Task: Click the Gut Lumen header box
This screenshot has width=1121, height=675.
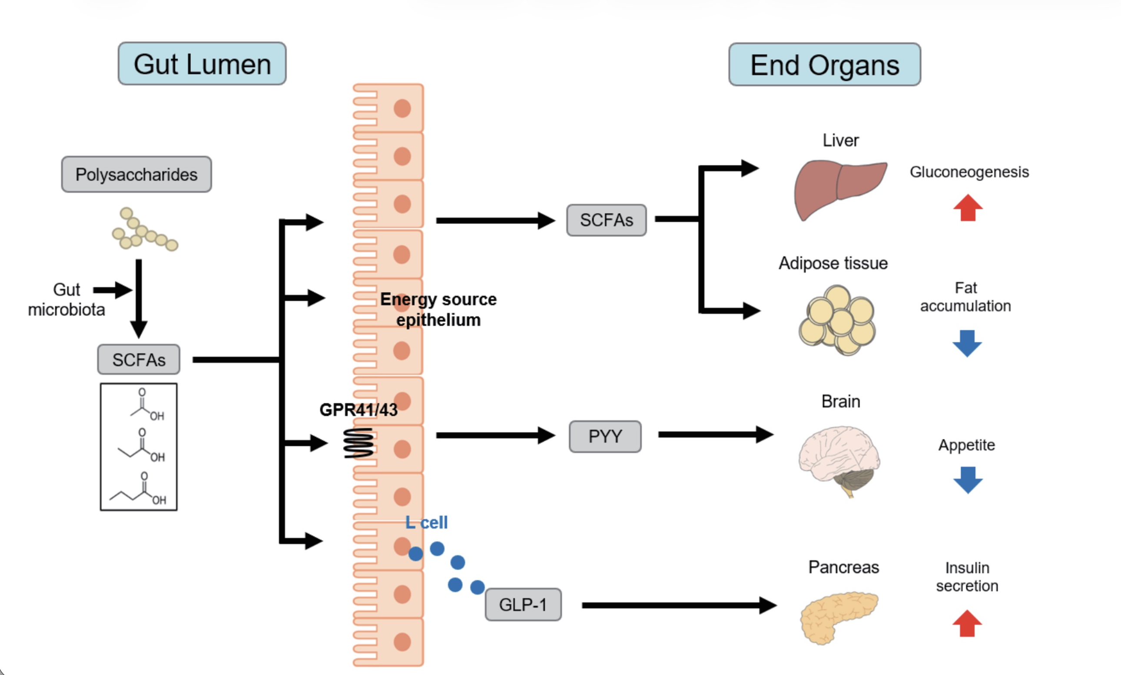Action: pyautogui.click(x=202, y=64)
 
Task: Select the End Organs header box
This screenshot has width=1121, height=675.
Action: pyautogui.click(x=824, y=65)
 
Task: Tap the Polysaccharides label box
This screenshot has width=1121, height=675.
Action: pyautogui.click(x=136, y=174)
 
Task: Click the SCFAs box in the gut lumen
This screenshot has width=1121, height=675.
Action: pyautogui.click(x=139, y=359)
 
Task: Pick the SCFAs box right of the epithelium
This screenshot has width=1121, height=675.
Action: pyautogui.click(x=606, y=220)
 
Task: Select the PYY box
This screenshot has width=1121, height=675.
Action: pyautogui.click(x=605, y=436)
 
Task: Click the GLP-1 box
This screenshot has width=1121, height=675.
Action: pyautogui.click(x=523, y=605)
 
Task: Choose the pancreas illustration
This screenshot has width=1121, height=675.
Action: pyautogui.click(x=837, y=616)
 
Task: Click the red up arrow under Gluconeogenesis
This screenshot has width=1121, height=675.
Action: pyautogui.click(x=968, y=208)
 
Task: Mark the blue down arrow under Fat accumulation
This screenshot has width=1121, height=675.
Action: pyautogui.click(x=967, y=343)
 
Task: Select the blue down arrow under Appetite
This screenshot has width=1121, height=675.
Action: pyautogui.click(x=967, y=480)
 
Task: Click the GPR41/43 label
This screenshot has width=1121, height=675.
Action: pyautogui.click(x=358, y=410)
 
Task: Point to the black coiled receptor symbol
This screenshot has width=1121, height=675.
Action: pyautogui.click(x=358, y=443)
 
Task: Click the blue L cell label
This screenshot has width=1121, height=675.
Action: pyautogui.click(x=426, y=522)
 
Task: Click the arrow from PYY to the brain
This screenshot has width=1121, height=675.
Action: pyautogui.click(x=715, y=434)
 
